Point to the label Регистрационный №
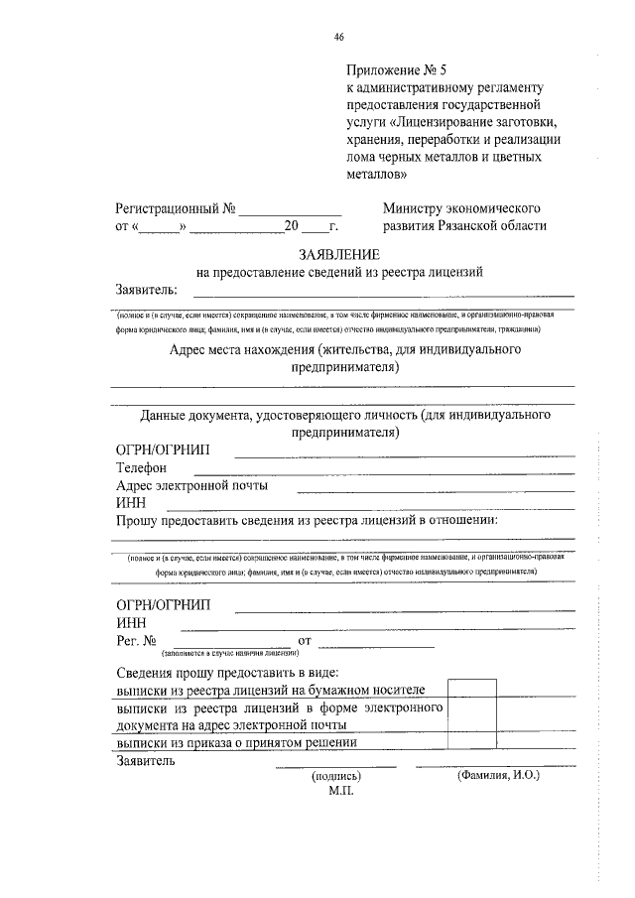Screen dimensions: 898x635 (x=175, y=209)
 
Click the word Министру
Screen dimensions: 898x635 (x=417, y=209)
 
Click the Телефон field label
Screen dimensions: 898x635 (x=141, y=467)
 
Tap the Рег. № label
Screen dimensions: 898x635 (x=136, y=642)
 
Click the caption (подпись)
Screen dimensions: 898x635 (x=336, y=776)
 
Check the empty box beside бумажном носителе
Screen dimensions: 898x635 (x=471, y=692)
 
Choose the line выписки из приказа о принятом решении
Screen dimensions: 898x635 (x=235, y=743)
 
